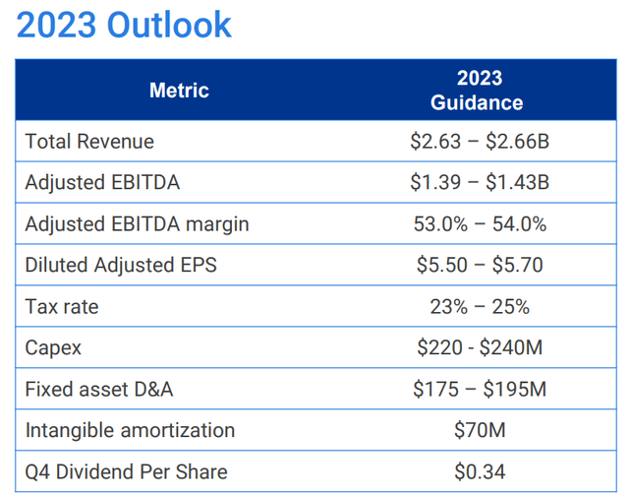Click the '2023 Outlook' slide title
pos(124,26)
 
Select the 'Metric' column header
pos(179,91)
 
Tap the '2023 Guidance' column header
pos(479,91)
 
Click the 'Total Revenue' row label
pos(89,142)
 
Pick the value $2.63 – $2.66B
pos(479,142)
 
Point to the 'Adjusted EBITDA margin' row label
pos(137,224)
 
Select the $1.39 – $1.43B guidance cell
pos(479,183)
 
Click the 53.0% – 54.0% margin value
pos(479,224)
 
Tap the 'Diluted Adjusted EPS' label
pos(121,266)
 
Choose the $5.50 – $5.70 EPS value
pos(479,266)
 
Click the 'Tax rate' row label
pos(62,307)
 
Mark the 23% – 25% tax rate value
pos(479,307)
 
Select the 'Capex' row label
pos(54,348)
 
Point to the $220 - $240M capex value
pos(479,348)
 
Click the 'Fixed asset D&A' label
pos(99,390)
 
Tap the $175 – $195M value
pos(479,390)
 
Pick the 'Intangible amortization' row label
pos(130,431)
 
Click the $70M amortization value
pos(479,431)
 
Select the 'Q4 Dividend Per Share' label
pos(126,472)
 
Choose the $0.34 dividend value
pos(479,472)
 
